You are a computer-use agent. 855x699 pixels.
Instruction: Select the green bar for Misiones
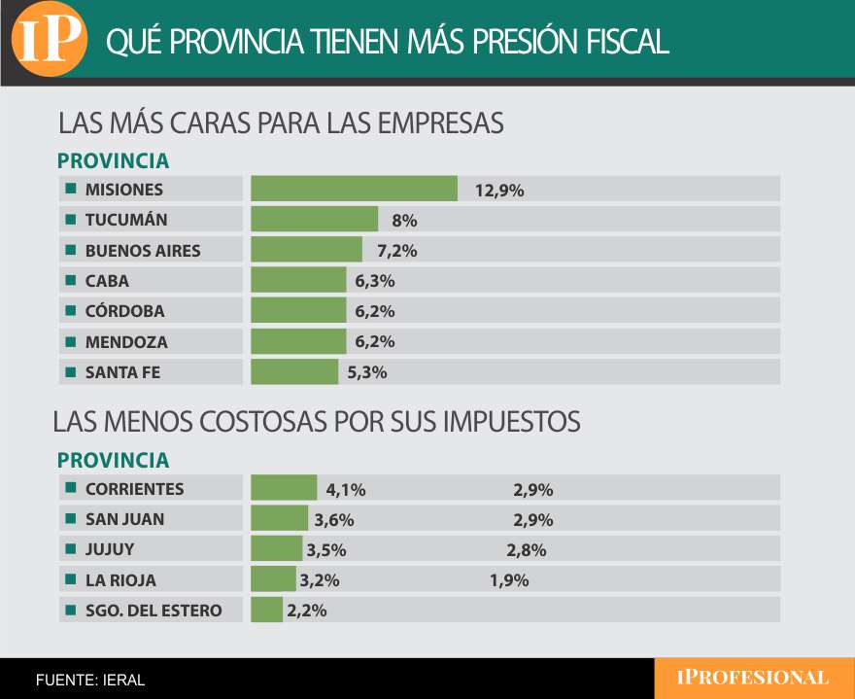click(x=354, y=189)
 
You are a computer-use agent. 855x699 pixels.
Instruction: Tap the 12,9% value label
click(x=499, y=191)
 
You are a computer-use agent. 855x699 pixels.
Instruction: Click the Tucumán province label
click(x=126, y=220)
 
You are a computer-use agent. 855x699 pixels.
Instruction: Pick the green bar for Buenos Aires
click(x=306, y=250)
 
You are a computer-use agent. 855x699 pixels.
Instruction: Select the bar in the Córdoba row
click(x=298, y=311)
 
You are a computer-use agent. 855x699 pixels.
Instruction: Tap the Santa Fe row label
click(x=122, y=372)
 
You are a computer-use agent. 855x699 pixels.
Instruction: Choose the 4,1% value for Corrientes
click(x=345, y=490)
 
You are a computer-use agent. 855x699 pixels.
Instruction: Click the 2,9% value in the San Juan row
click(x=532, y=520)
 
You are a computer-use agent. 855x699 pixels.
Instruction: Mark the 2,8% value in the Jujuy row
click(x=526, y=550)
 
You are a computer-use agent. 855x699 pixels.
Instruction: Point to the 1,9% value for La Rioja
click(x=508, y=581)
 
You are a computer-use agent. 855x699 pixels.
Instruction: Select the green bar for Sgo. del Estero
click(x=266, y=611)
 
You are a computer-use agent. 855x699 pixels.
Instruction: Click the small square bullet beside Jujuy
click(x=70, y=549)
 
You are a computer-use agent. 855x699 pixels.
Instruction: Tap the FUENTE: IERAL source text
click(x=89, y=680)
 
